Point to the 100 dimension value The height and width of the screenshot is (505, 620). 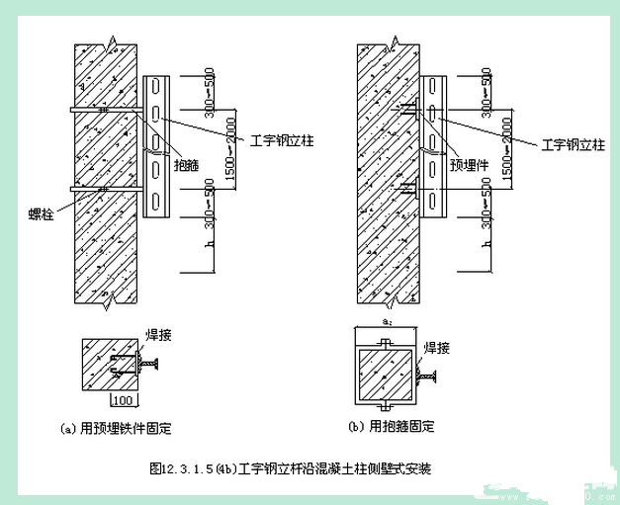[x=123, y=400]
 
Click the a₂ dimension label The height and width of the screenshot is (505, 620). [x=387, y=322]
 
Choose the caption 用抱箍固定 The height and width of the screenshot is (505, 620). [x=400, y=427]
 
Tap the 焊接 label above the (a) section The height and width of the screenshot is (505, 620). [x=159, y=336]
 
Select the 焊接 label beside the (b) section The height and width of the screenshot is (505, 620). [x=436, y=348]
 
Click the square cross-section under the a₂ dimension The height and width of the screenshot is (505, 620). [x=386, y=373]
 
